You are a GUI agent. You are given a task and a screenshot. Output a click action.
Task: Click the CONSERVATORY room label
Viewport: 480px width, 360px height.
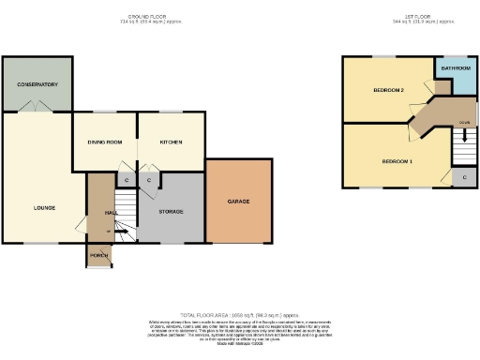pyautogui.click(x=37, y=85)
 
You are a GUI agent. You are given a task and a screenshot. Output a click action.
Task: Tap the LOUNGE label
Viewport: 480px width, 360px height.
pyautogui.click(x=44, y=208)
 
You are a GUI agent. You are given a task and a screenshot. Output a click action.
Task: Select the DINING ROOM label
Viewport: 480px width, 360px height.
pyautogui.click(x=105, y=142)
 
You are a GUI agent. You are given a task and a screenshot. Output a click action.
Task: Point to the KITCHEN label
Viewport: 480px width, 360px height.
pyautogui.click(x=170, y=142)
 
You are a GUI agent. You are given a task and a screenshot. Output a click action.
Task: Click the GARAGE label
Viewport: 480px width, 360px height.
pyautogui.click(x=238, y=202)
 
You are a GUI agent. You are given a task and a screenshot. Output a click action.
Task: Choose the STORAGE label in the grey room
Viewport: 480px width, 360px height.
pyautogui.click(x=170, y=211)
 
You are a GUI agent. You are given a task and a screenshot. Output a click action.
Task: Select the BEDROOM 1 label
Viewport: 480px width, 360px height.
pyautogui.click(x=397, y=162)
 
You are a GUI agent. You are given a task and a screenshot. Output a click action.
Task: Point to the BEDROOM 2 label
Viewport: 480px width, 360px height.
pyautogui.click(x=388, y=91)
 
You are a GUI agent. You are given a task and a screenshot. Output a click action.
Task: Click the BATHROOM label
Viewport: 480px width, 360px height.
pyautogui.click(x=455, y=68)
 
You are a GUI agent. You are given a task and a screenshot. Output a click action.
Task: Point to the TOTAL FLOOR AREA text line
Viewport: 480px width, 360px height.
pyautogui.click(x=239, y=315)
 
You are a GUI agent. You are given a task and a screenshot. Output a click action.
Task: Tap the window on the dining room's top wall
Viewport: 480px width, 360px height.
pyautogui.click(x=104, y=112)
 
